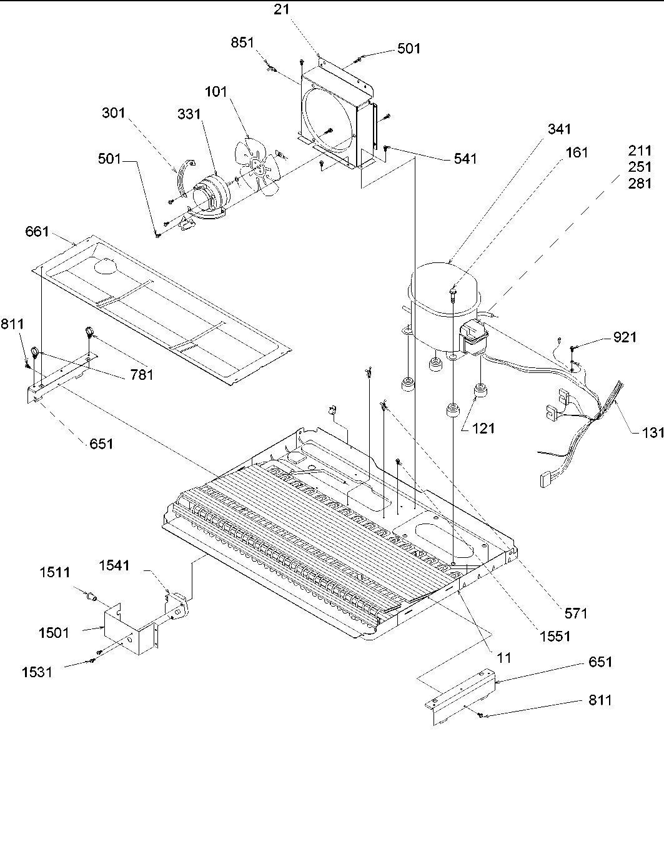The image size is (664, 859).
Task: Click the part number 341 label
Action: [559, 129]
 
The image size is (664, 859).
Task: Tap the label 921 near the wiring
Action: [624, 337]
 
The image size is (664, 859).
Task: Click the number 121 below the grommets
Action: [483, 428]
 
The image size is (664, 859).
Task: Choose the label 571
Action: [576, 613]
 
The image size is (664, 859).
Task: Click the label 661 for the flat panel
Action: [37, 232]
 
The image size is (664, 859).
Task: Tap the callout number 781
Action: [141, 375]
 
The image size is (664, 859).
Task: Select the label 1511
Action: [56, 572]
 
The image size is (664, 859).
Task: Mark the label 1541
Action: [114, 565]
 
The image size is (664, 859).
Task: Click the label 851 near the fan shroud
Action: [243, 43]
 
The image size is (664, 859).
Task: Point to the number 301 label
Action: [114, 113]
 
